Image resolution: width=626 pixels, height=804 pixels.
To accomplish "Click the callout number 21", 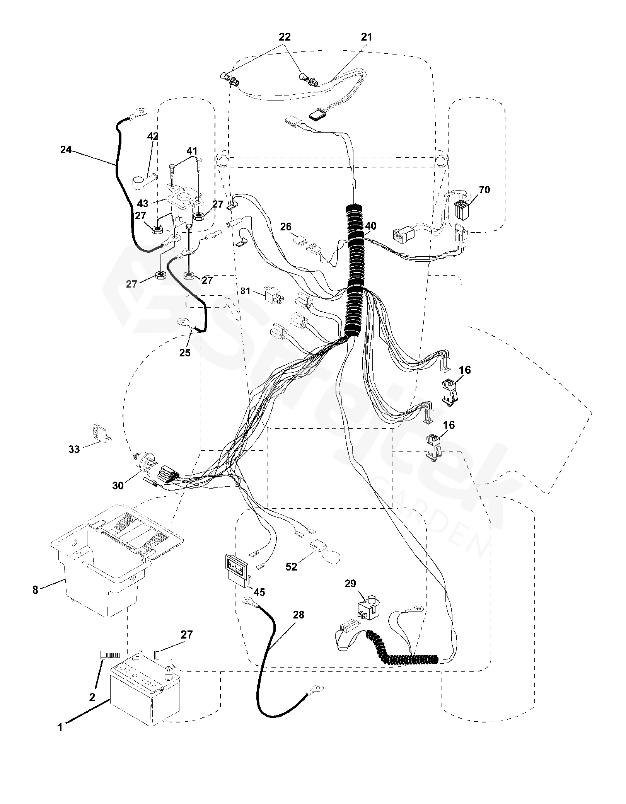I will (366, 37).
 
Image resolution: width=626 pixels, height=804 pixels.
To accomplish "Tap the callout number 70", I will (484, 190).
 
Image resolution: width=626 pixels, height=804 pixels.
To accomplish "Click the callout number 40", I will (371, 226).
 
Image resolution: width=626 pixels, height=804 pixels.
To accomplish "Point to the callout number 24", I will (66, 149).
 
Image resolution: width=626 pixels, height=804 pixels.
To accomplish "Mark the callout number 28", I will (298, 615).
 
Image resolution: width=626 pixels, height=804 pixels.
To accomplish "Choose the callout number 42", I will (153, 136).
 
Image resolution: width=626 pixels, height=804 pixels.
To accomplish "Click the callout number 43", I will (143, 204).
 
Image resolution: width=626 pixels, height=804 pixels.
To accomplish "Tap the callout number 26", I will (286, 227).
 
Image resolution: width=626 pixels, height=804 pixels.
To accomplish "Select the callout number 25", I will (185, 353).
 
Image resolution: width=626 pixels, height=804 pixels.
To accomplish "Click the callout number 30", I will (118, 485).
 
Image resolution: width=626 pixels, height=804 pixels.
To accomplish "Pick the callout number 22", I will (285, 37).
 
